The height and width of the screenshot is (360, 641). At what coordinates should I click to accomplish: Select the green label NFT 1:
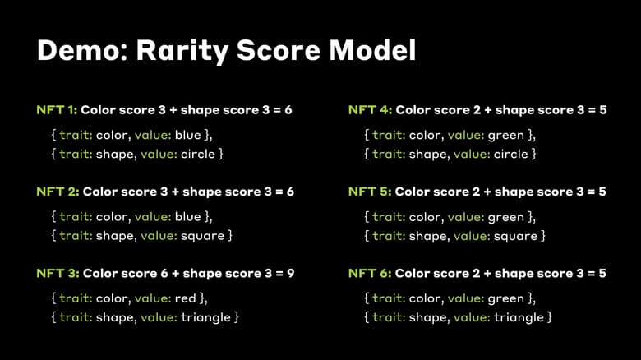point(58,110)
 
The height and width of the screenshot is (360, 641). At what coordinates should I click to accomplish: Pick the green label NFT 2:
point(58,192)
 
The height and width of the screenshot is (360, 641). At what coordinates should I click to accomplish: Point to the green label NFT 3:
point(58,273)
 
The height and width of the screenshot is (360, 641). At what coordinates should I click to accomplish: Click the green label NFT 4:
point(370,110)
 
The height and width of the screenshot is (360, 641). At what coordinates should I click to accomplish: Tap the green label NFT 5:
point(370,192)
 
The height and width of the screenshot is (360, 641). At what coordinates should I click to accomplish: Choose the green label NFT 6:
point(370,273)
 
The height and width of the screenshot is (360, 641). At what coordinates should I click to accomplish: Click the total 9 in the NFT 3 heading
point(290,273)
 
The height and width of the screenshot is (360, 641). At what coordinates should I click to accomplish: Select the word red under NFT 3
point(187,298)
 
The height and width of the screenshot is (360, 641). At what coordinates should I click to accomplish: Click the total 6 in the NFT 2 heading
point(290,192)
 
